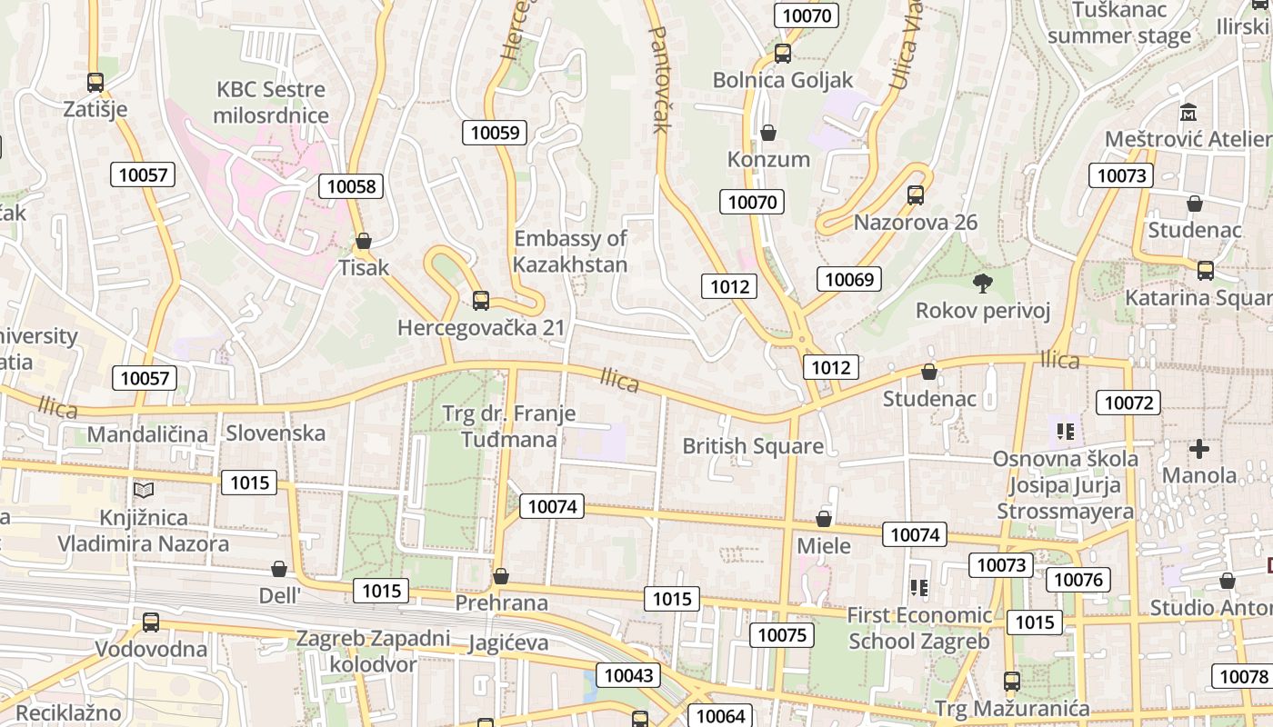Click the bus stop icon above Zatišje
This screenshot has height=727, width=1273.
pyautogui.click(x=95, y=82)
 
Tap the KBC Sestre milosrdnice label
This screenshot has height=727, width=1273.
pyautogui.click(x=270, y=102)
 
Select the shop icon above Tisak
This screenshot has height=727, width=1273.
pyautogui.click(x=364, y=241)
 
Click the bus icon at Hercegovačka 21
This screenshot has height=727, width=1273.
pyautogui.click(x=481, y=300)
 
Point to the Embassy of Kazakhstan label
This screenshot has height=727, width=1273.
pyautogui.click(x=570, y=252)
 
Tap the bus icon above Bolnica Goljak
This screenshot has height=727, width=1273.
pyautogui.click(x=783, y=53)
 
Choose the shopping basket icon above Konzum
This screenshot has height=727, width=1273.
pyautogui.click(x=768, y=133)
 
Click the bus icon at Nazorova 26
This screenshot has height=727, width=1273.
pyautogui.click(x=916, y=194)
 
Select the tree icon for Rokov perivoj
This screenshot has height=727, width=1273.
pyautogui.click(x=982, y=283)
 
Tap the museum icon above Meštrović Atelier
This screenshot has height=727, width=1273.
pyautogui.click(x=1188, y=113)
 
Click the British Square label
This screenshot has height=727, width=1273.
pyautogui.click(x=753, y=446)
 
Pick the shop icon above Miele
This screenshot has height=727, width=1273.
pyautogui.click(x=824, y=519)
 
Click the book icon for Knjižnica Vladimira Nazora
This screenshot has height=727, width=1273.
pyautogui.click(x=144, y=490)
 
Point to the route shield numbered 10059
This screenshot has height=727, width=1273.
pyautogui.click(x=496, y=133)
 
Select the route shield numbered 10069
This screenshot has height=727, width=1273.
pyautogui.click(x=849, y=279)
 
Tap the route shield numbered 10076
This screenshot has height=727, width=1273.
pyautogui.click(x=1078, y=580)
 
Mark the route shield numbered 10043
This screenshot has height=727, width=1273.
pyautogui.click(x=628, y=675)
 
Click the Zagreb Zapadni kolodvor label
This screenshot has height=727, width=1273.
pyautogui.click(x=373, y=651)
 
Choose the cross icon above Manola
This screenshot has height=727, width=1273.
pyautogui.click(x=1199, y=448)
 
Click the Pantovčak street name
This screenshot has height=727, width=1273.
pyautogui.click(x=658, y=77)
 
